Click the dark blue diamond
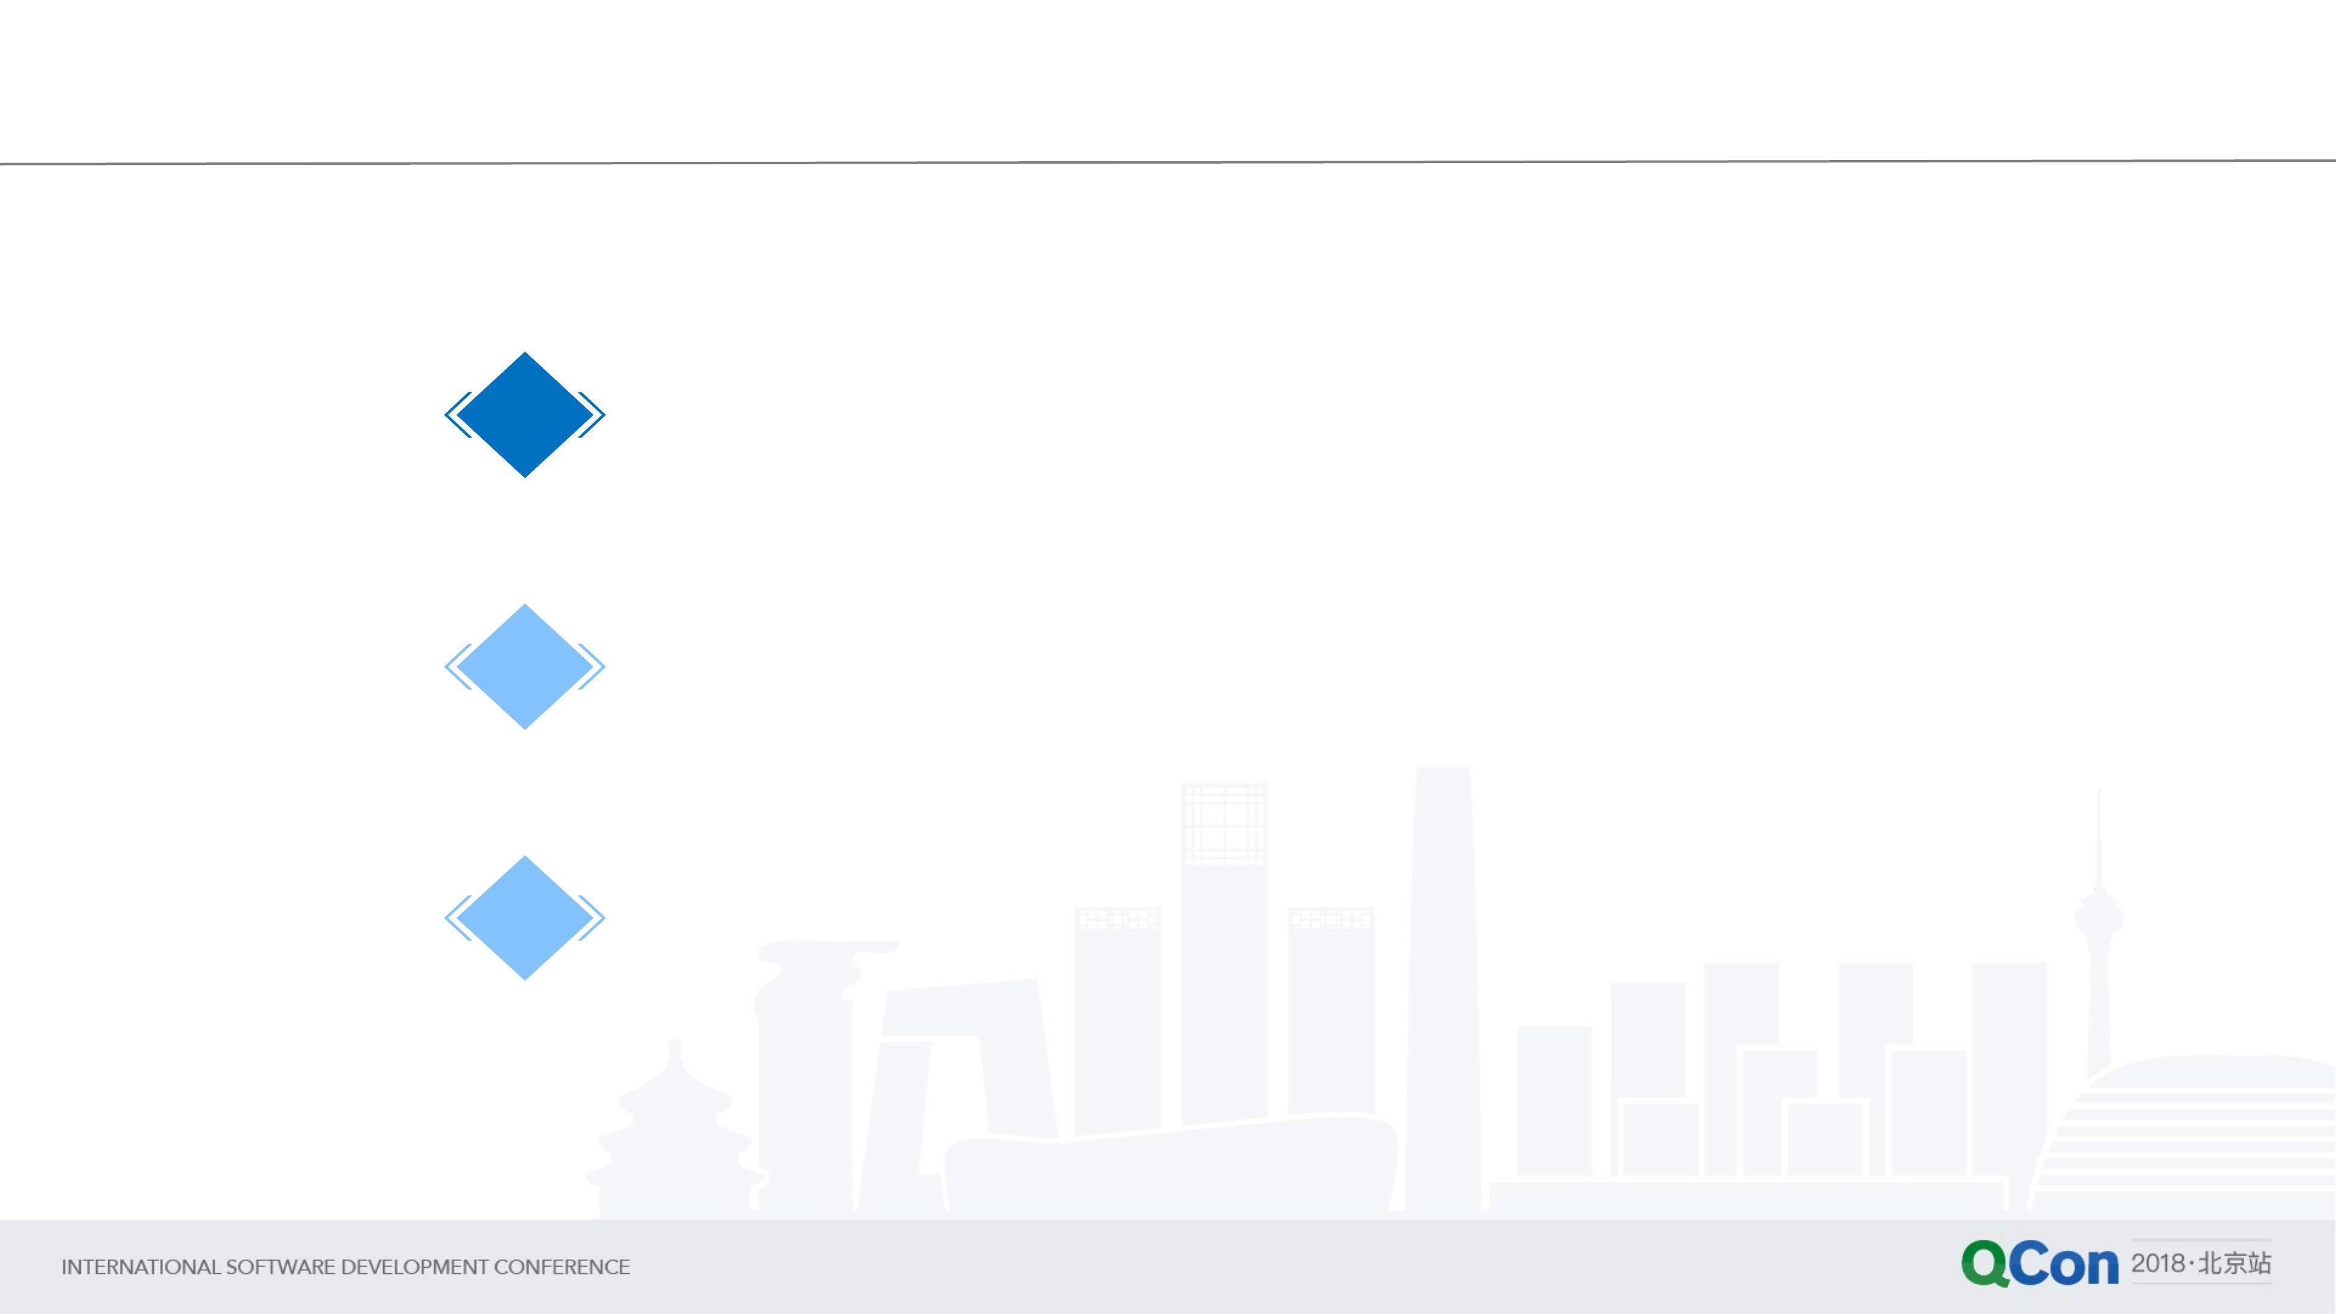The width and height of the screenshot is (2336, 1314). tap(525, 414)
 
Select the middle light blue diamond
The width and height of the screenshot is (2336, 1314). tap(525, 667)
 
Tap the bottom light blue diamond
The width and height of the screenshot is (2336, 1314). tap(525, 918)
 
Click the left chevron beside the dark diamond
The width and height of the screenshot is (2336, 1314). tap(456, 414)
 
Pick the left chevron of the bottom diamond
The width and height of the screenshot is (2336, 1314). tap(456, 918)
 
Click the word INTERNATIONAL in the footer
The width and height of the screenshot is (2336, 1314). tap(141, 1267)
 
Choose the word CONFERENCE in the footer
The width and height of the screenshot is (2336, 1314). tap(562, 1267)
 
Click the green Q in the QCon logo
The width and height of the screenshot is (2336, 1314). tap(1985, 1264)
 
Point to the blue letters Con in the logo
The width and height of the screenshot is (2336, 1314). tap(2064, 1264)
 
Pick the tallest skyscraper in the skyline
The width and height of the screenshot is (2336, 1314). tap(1443, 989)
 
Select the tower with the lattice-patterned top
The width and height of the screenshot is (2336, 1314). tap(1224, 952)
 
